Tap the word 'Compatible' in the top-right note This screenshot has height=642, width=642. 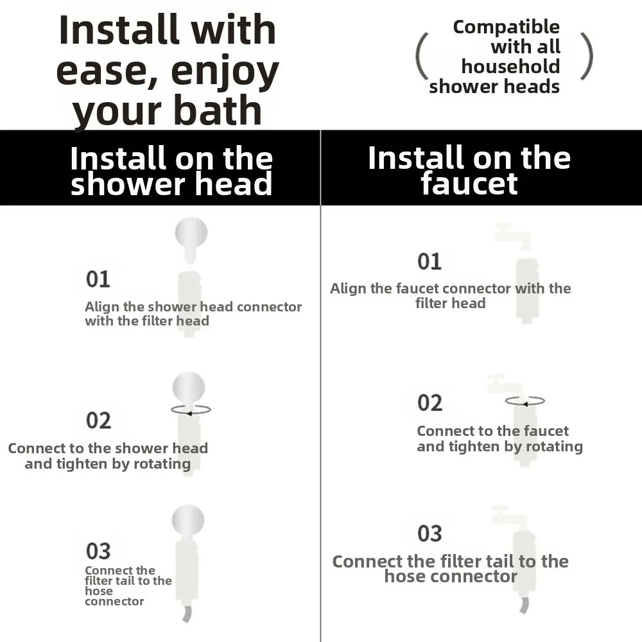[506, 28]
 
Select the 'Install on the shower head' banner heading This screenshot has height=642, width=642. [171, 171]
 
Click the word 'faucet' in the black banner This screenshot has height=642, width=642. [469, 184]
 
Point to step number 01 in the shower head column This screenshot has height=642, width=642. [98, 279]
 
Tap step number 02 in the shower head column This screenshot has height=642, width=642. [98, 421]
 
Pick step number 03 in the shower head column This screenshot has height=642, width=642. [98, 551]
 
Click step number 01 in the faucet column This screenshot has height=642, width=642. [429, 261]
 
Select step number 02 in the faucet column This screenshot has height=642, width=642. [429, 403]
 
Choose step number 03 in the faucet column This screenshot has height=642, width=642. [429, 533]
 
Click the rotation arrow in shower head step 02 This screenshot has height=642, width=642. [191, 410]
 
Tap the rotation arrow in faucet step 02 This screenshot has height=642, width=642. [525, 402]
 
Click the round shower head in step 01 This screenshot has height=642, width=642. [191, 234]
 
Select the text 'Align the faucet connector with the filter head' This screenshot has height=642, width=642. [450, 296]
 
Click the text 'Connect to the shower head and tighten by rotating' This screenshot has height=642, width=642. [108, 456]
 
